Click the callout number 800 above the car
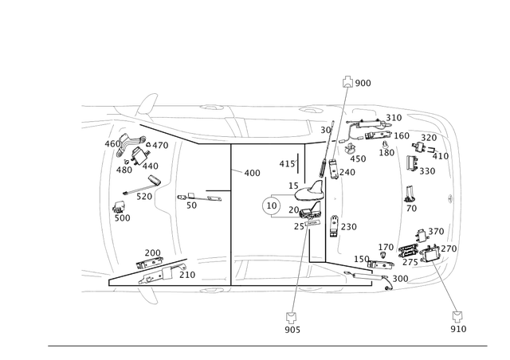pos(363,82)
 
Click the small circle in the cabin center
pos(272,206)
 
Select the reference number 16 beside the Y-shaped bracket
pos(191,202)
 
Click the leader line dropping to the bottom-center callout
pos(296,271)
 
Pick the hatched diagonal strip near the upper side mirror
pos(159,127)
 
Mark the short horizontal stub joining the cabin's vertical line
pos(218,190)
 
